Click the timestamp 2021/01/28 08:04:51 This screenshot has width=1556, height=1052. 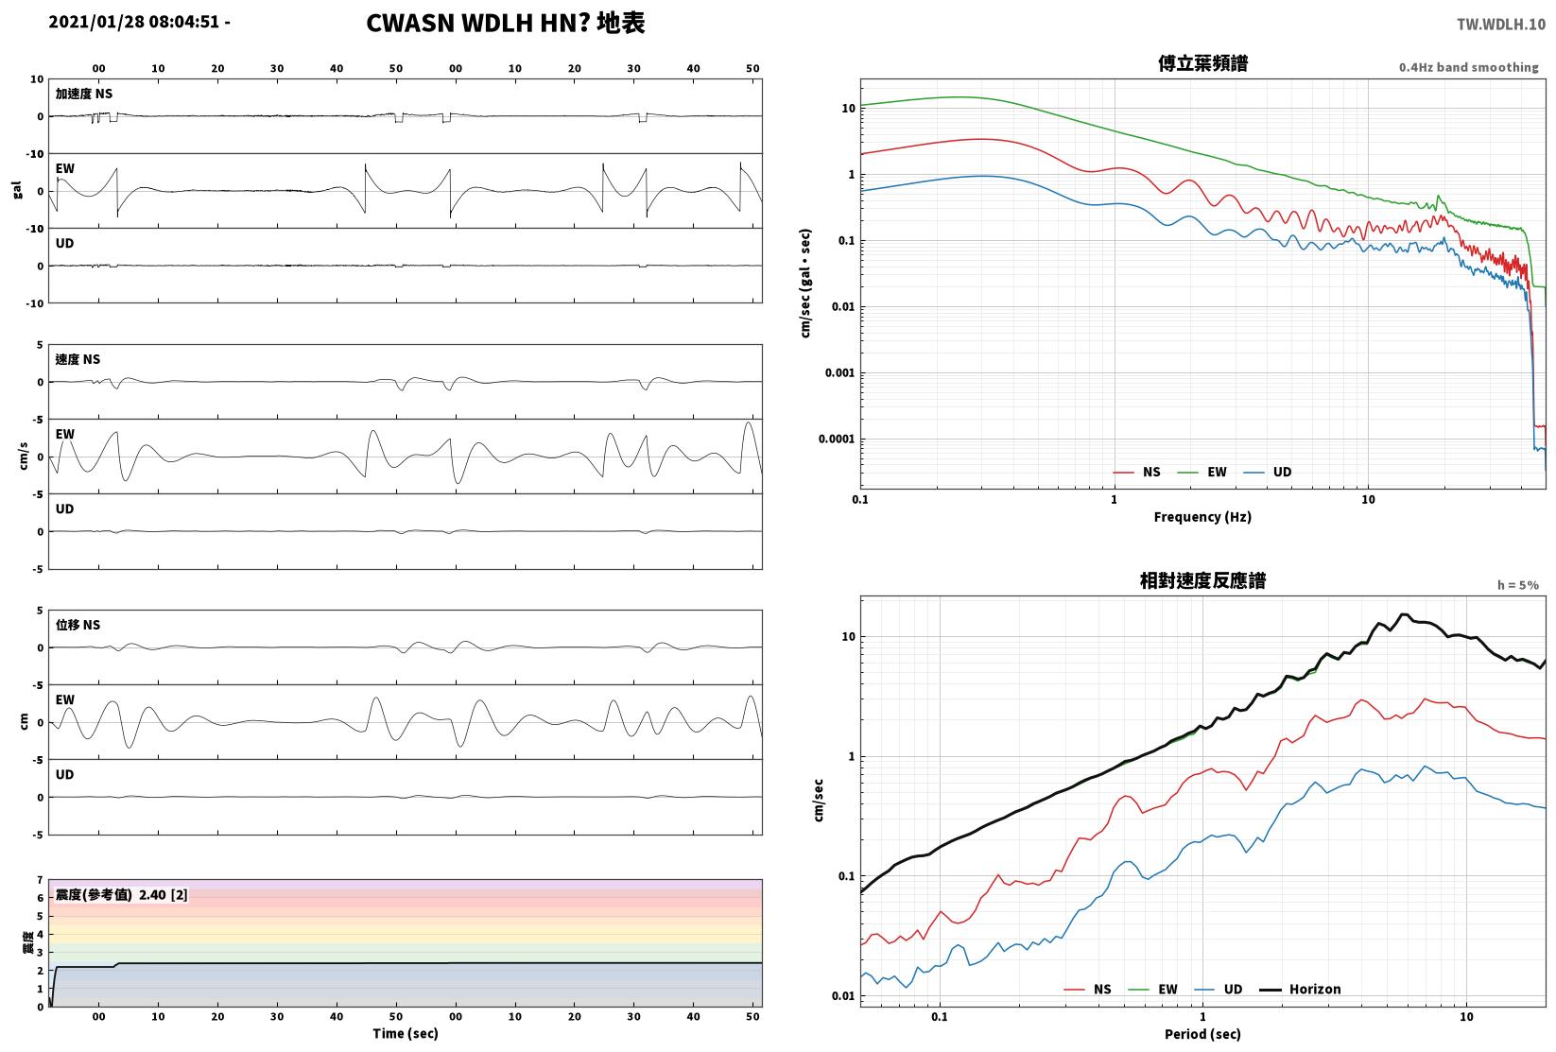point(134,22)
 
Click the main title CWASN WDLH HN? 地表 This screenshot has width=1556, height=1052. point(505,23)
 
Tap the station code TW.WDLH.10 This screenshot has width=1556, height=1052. point(1500,25)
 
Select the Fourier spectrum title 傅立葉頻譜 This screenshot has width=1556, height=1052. point(1202,63)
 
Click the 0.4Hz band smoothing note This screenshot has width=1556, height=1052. point(1468,67)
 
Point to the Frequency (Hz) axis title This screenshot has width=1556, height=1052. point(1202,517)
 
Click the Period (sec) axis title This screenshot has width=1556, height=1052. point(1202,1034)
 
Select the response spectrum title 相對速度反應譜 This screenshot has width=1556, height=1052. point(1202,580)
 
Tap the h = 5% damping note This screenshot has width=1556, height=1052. point(1518,585)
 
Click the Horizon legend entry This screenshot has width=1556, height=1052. point(1300,989)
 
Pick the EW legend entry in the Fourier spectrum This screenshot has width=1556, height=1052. point(1202,473)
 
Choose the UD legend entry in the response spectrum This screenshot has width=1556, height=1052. point(1219,989)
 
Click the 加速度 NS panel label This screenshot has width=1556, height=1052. point(84,94)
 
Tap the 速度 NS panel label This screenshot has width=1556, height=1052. point(78,359)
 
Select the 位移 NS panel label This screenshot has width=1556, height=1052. point(78,625)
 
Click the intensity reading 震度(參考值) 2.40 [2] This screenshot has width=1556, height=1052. point(122,894)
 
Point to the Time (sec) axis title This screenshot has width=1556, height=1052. point(405,1033)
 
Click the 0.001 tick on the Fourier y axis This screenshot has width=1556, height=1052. point(839,373)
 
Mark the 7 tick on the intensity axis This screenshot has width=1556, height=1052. point(41,880)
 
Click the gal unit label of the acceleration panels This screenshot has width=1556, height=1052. point(17,190)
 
